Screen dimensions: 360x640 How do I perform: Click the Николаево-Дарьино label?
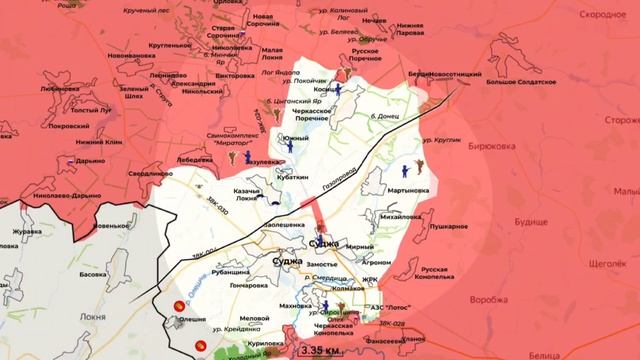tap(48, 196)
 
